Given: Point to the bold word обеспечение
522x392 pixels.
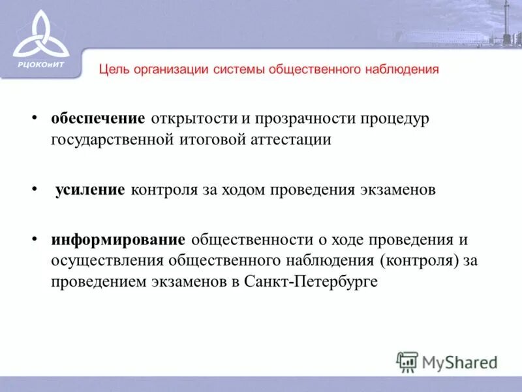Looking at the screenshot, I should click(98, 119).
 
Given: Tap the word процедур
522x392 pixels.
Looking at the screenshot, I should click(386, 119).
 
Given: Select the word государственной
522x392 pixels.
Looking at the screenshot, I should click(112, 139).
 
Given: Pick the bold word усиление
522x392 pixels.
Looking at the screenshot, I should click(89, 189).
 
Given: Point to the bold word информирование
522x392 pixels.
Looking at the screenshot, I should click(119, 240).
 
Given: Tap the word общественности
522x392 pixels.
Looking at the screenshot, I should click(251, 240).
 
